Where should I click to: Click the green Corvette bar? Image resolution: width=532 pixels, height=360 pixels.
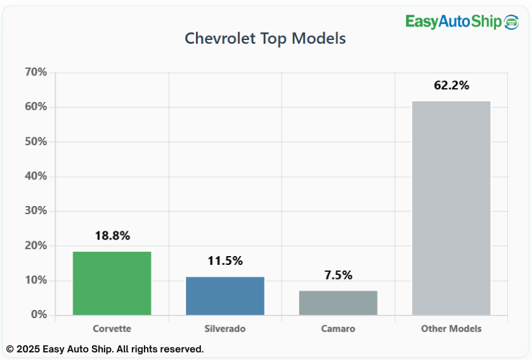[x=112, y=283]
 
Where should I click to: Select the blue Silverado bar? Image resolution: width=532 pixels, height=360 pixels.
[x=225, y=296]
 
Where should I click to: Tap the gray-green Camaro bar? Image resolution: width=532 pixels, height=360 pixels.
[x=338, y=303]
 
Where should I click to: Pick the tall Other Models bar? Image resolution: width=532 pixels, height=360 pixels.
[x=451, y=208]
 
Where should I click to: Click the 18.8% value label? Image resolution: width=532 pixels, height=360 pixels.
[x=112, y=236]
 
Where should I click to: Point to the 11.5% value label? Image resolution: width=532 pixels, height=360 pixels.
[x=225, y=260]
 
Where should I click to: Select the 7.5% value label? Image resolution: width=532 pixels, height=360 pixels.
[x=338, y=275]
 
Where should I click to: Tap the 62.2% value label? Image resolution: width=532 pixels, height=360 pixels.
[x=451, y=86]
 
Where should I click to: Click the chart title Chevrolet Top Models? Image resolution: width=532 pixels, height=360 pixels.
[x=265, y=38]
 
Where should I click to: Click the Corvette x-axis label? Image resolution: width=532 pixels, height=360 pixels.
[x=112, y=329]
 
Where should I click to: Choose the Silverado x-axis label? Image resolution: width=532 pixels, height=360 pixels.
[x=225, y=329]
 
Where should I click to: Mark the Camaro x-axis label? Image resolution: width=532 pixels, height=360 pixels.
[x=338, y=329]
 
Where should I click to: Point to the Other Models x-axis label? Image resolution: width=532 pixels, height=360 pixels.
[x=451, y=329]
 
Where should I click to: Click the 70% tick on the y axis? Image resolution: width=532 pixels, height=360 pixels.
[x=36, y=72]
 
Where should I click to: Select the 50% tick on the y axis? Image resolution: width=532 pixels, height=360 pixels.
[x=36, y=141]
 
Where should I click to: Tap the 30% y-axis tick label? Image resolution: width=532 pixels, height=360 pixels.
[x=36, y=211]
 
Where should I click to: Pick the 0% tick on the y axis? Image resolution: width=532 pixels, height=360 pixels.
[x=39, y=315]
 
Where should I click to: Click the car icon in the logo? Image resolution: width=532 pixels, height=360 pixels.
[x=511, y=22]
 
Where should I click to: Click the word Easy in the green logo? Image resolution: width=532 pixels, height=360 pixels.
[x=422, y=22]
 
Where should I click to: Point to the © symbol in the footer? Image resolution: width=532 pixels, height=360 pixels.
[x=10, y=349]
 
